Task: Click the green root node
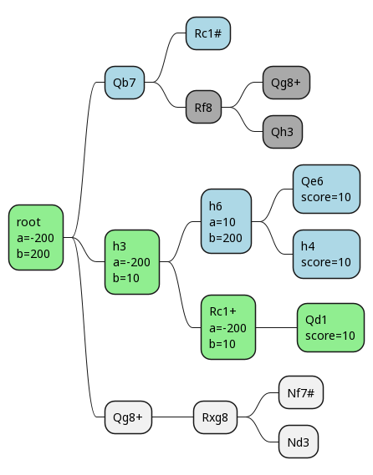point(36,237)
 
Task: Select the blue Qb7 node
point(125,83)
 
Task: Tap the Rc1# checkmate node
point(208,33)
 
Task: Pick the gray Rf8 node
point(203,107)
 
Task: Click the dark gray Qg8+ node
point(286,83)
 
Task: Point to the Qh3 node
point(282,132)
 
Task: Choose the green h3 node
point(131,262)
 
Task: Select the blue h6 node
point(226,221)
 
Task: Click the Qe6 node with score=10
point(326,189)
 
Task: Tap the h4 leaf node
point(326,254)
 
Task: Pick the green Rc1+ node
point(228,327)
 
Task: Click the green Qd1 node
point(330,327)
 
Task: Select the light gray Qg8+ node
point(128,417)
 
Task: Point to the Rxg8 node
point(215,417)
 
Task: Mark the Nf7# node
point(301,392)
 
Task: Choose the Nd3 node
point(299,442)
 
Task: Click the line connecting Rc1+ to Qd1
point(276,327)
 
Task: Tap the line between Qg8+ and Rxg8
point(172,417)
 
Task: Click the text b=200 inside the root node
point(33,254)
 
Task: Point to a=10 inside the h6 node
point(222,222)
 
